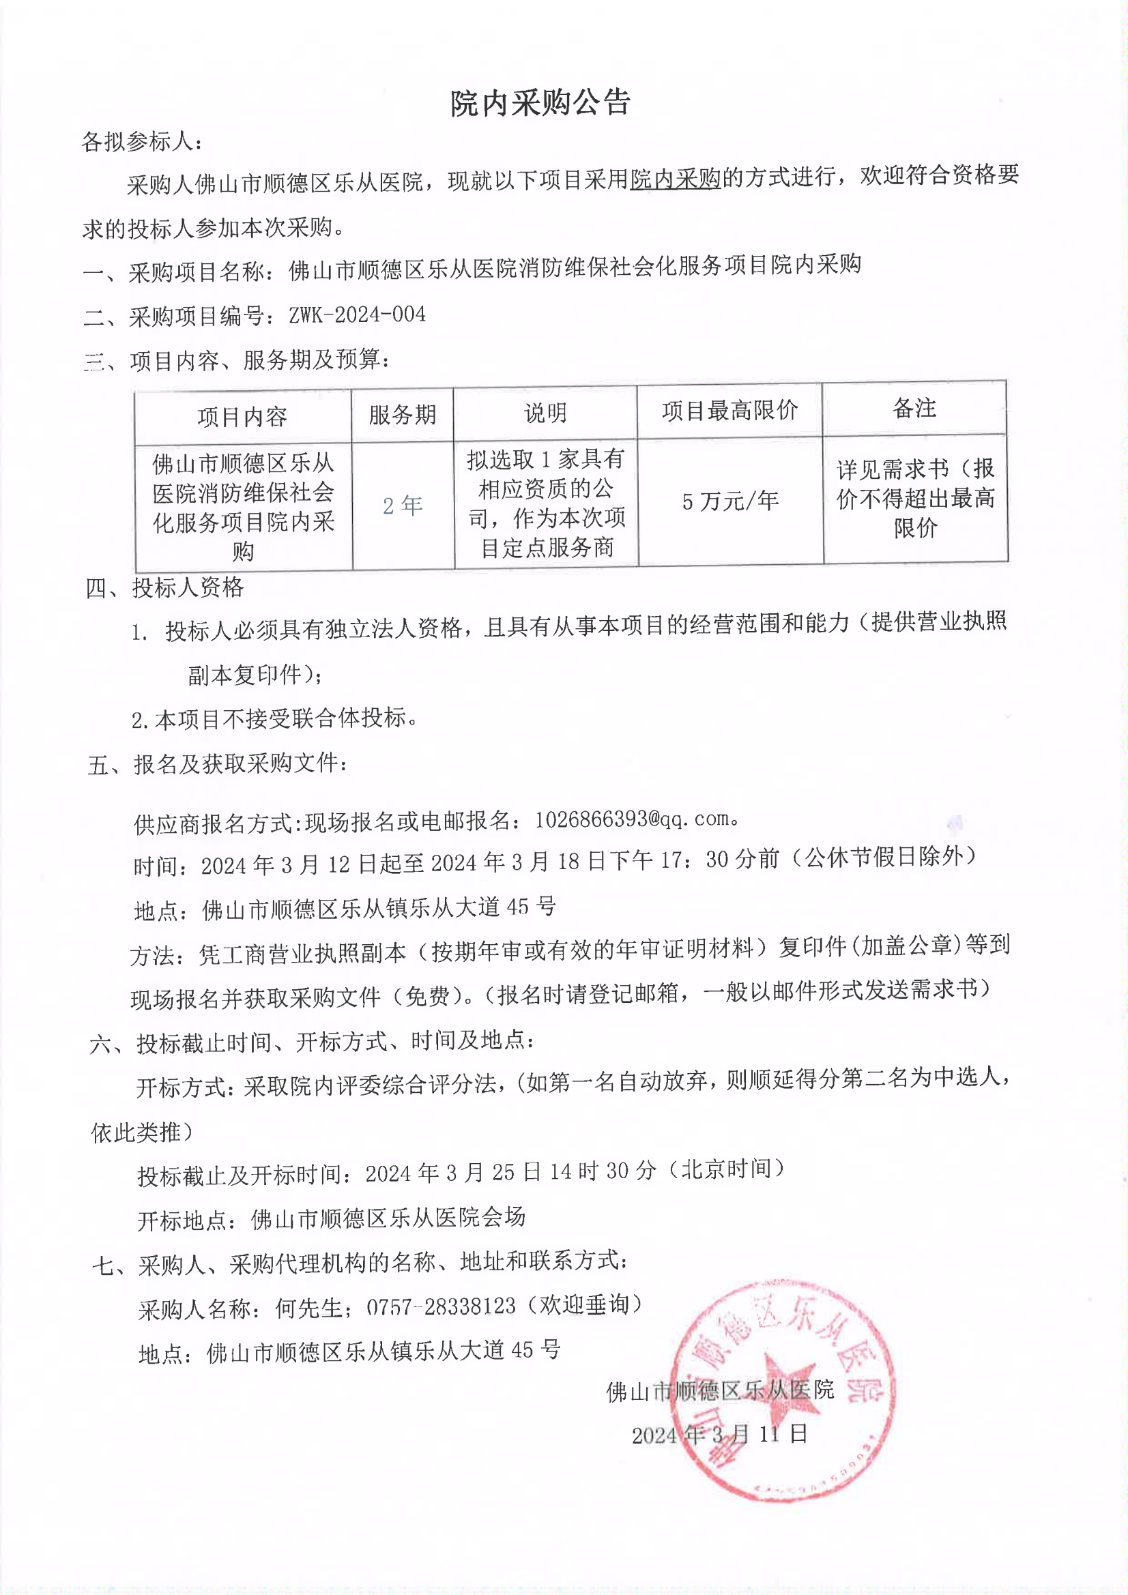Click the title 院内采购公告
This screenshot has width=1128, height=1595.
click(x=540, y=104)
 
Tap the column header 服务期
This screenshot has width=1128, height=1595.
click(x=402, y=415)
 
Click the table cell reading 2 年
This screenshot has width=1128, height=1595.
click(x=402, y=505)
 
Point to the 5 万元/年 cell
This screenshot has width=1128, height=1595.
click(x=729, y=501)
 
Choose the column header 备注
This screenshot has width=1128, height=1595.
click(x=913, y=409)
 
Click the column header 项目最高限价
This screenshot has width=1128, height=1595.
click(x=729, y=411)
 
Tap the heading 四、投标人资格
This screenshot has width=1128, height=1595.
click(x=164, y=587)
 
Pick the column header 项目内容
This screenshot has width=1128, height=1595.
click(x=242, y=416)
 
